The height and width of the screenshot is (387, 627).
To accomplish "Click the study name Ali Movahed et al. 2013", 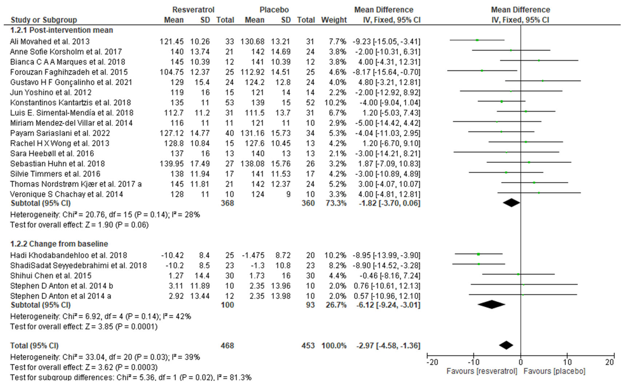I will pyautogui.click(x=50, y=42).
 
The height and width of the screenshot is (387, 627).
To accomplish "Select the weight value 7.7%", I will pyautogui.click(x=337, y=42).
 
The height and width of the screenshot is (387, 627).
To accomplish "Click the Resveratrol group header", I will pyautogui.click(x=193, y=10).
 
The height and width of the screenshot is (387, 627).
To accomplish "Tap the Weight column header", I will pyautogui.click(x=334, y=20).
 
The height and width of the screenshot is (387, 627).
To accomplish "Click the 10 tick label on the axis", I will pyautogui.click(x=567, y=363).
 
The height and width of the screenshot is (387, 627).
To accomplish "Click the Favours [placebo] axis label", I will pyautogui.click(x=554, y=371).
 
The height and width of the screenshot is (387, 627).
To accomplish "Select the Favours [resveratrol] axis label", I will pyautogui.click(x=482, y=371).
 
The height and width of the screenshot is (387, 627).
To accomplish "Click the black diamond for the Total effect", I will pyautogui.click(x=506, y=345).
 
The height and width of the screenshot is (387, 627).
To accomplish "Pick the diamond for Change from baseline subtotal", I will pyautogui.click(x=491, y=305).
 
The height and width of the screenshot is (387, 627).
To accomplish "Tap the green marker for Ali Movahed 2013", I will pyautogui.click(x=477, y=40).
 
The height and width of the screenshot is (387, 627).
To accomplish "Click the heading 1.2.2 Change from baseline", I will pyautogui.click(x=59, y=244).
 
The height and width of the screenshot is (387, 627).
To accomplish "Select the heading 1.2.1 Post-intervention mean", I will pyautogui.click(x=62, y=30).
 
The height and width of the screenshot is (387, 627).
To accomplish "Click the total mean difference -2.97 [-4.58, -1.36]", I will pyautogui.click(x=388, y=346).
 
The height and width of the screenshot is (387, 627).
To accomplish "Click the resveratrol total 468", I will pyautogui.click(x=227, y=346).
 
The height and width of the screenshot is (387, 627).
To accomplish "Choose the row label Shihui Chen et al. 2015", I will pyautogui.click(x=51, y=276).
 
